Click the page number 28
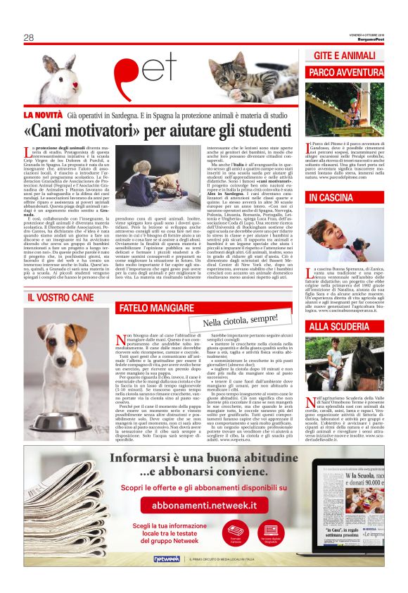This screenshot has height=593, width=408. click(29, 38)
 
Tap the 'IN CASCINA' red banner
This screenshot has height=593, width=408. click(331, 198)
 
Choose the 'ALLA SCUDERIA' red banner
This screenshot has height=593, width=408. click(339, 326)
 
